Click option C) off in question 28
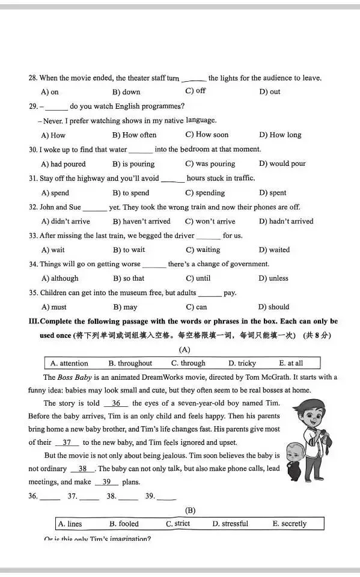click(x=195, y=91)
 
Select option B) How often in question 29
click(x=134, y=135)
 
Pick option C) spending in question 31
click(x=205, y=193)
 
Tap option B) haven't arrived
click(x=141, y=221)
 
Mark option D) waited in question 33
click(x=274, y=250)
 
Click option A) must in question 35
click(x=53, y=307)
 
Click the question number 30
click(x=33, y=150)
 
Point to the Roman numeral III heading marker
click(x=34, y=322)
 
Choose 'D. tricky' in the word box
click(x=242, y=363)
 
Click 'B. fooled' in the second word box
click(x=124, y=524)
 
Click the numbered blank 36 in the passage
click(x=116, y=403)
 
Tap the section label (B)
click(x=190, y=510)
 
